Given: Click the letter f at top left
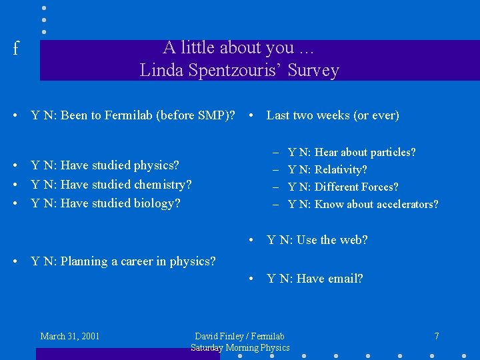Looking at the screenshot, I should click(x=16, y=49).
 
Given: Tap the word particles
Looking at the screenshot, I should click(x=392, y=153).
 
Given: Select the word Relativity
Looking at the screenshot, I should click(x=341, y=170).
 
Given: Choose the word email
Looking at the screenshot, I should click(x=345, y=279).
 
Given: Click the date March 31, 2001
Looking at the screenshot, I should click(x=70, y=336).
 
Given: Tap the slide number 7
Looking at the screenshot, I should click(x=436, y=336).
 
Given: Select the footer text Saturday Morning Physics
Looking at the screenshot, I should click(x=240, y=347).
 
